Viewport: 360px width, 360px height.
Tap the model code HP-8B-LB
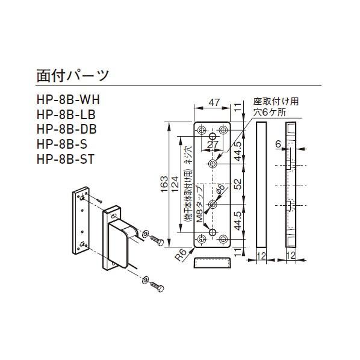(x=66, y=114)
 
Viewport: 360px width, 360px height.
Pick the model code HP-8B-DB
(x=66, y=129)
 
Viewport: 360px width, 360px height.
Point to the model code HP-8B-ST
(x=64, y=160)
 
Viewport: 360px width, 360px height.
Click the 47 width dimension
(x=213, y=103)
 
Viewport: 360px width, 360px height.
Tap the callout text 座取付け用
(x=275, y=101)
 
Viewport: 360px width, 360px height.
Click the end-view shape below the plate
(x=213, y=263)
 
